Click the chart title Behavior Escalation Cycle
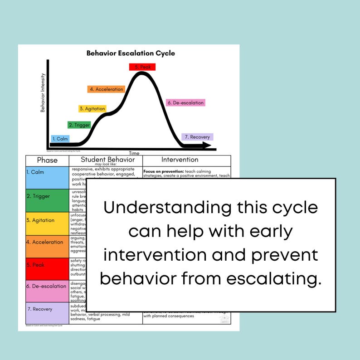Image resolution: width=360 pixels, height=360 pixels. (131, 54)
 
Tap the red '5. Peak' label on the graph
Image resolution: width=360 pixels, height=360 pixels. (142, 67)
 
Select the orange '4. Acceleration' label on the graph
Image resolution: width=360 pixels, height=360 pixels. (106, 89)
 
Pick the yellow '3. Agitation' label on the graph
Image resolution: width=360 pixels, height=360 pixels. (92, 109)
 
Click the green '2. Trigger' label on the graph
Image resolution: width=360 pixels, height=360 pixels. (79, 125)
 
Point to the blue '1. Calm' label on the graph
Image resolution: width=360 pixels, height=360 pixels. (60, 139)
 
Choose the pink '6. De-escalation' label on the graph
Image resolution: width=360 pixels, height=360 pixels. (185, 103)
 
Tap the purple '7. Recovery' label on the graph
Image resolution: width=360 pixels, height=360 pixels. (197, 137)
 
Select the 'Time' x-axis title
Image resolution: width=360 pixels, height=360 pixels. (134, 153)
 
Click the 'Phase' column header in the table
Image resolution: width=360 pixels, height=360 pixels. (47, 160)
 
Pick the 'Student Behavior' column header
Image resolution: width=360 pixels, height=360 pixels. (107, 160)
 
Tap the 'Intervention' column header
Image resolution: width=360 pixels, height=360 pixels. (180, 160)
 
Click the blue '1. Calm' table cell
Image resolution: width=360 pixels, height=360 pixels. (47, 177)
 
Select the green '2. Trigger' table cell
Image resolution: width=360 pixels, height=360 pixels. (47, 200)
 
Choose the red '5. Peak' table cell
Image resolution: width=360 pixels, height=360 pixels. (47, 268)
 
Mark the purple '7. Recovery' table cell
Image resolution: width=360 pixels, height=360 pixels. (47, 313)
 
